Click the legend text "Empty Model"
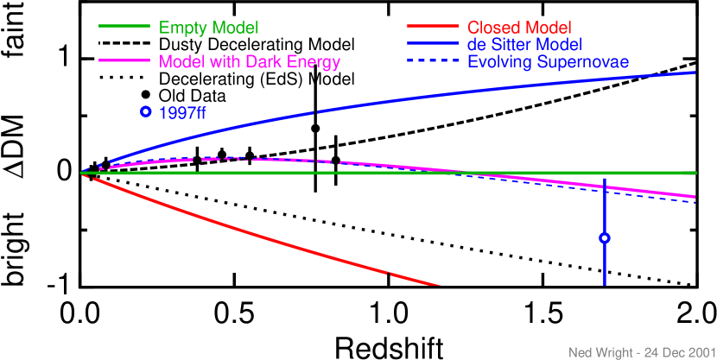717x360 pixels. [x=208, y=28]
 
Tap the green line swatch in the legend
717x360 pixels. [x=125, y=28]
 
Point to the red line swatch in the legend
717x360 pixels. [x=431, y=28]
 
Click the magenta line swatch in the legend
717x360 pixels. [x=125, y=61]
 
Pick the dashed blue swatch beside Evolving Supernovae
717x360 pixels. [x=431, y=61]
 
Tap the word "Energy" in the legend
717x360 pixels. [x=313, y=62]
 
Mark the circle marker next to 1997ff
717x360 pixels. [x=145, y=111]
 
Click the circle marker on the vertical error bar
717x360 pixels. [x=605, y=238]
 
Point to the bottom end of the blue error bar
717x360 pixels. [x=605, y=285]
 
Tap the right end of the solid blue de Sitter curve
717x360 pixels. [x=695, y=73]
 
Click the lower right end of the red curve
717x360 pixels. [x=441, y=286]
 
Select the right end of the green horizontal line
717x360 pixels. [x=695, y=173]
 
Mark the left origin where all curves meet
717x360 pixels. [x=83, y=173]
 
